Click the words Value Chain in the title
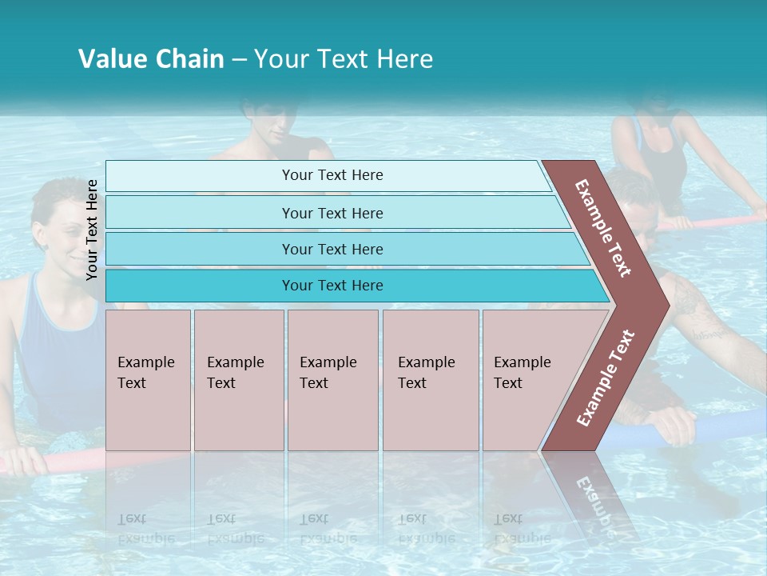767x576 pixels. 151,59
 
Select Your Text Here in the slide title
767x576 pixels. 344,59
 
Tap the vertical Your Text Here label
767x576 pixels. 92,230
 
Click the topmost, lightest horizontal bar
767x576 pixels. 332,175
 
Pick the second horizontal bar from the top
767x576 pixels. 332,213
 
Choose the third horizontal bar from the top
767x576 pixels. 332,249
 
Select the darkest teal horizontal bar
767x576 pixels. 332,286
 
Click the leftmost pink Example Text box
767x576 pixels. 148,380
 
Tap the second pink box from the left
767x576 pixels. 238,380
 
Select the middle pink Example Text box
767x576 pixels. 332,380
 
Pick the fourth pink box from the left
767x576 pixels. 430,380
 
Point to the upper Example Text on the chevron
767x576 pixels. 603,228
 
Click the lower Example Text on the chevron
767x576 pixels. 606,378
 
